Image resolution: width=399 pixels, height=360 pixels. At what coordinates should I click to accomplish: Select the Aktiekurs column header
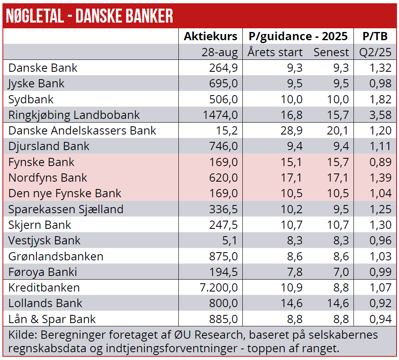(x=210, y=36)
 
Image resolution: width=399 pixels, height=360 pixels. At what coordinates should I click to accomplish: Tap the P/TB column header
(x=375, y=36)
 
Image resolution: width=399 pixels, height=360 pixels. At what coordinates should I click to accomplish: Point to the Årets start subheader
(x=275, y=52)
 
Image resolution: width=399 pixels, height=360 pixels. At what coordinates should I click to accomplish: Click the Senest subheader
(x=331, y=52)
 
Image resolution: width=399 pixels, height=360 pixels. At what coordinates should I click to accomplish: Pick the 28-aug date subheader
(x=219, y=52)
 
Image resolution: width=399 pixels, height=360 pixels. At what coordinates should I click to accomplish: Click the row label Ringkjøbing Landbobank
(x=74, y=115)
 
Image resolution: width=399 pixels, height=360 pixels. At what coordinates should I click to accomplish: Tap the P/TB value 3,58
(x=380, y=115)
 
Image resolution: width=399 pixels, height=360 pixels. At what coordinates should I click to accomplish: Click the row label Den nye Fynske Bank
(x=65, y=194)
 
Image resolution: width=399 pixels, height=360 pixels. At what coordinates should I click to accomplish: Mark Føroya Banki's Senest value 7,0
(x=339, y=272)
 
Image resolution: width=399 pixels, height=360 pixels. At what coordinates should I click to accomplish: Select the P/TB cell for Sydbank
(x=380, y=100)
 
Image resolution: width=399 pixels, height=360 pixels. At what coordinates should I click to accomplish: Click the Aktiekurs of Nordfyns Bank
(x=224, y=178)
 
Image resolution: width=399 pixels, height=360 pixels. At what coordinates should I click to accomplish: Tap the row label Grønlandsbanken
(x=56, y=257)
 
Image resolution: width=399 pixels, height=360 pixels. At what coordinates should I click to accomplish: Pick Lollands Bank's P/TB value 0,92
(x=380, y=303)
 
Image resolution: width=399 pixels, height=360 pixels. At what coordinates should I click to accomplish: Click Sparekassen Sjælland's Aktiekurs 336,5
(x=224, y=209)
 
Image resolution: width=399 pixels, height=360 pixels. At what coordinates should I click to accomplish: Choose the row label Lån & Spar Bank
(x=52, y=319)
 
